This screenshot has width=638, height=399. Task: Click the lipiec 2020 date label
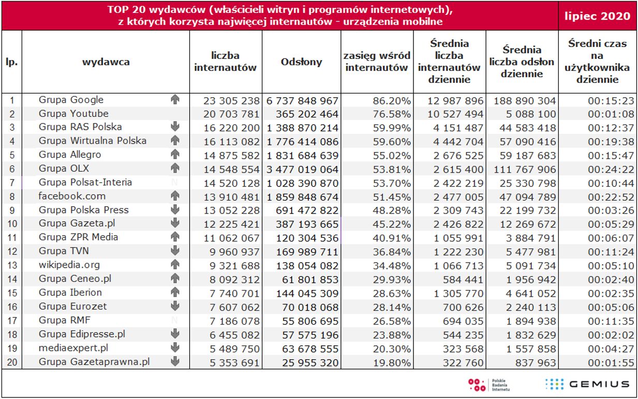[x=597, y=16]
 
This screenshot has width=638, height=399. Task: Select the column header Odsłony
[x=301, y=62]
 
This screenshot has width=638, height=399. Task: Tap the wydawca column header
[x=106, y=62]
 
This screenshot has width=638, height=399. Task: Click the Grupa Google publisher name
[x=71, y=100]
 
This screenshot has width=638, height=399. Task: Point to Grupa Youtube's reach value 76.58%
[x=392, y=114]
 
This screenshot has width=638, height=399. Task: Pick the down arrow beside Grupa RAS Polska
[x=175, y=127]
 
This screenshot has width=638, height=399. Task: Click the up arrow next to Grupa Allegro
[x=175, y=155]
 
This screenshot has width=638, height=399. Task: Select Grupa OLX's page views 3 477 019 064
[x=303, y=168]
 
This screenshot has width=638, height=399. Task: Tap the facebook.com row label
[x=72, y=196]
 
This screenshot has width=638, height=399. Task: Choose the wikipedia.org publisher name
[x=69, y=265]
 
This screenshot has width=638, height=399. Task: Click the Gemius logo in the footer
[x=587, y=384]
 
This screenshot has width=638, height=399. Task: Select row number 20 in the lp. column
[x=12, y=362]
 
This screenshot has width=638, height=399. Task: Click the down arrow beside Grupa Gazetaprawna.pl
[x=175, y=361]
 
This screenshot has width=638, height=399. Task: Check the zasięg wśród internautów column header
[x=378, y=62]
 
